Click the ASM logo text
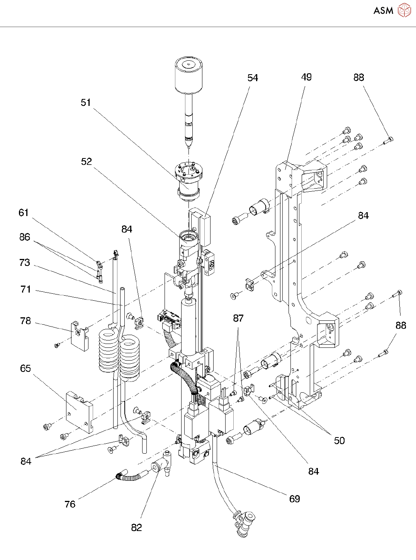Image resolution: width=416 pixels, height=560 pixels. click(x=383, y=11)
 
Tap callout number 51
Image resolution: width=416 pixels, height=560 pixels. click(x=86, y=103)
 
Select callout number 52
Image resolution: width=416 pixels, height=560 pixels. click(x=87, y=162)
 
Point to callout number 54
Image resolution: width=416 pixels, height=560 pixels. click(x=253, y=78)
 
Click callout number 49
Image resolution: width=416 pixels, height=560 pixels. click(x=306, y=77)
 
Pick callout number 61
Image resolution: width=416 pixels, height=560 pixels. click(x=24, y=213)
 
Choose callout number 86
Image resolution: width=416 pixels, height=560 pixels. click(x=25, y=237)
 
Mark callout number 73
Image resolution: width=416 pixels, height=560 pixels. click(x=25, y=263)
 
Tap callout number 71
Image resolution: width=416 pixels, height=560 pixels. click(x=25, y=289)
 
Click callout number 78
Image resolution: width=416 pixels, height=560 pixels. click(x=25, y=321)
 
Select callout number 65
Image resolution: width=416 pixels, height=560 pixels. click(x=25, y=369)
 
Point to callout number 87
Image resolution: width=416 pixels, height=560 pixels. click(x=238, y=318)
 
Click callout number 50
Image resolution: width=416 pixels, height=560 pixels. click(x=339, y=441)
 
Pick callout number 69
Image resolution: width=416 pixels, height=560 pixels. click(x=295, y=499)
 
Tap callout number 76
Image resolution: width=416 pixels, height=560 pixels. click(x=70, y=504)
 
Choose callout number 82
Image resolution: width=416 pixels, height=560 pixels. click(x=137, y=528)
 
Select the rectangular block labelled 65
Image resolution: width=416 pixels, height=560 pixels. click(x=79, y=412)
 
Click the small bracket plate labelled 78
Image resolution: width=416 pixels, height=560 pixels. click(x=80, y=335)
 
